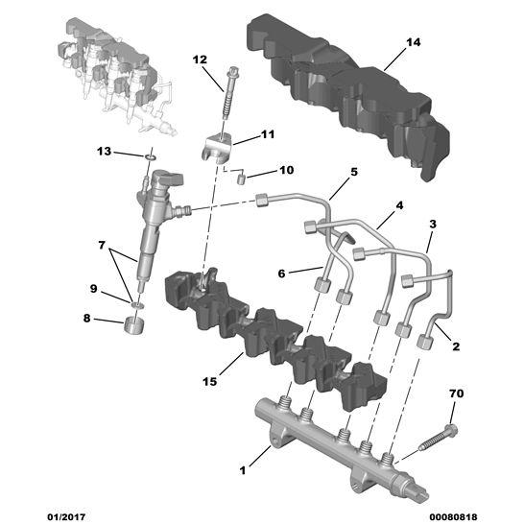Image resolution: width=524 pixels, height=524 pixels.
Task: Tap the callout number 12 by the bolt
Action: point(200,60)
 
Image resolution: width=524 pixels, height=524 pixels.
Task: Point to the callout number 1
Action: point(243,470)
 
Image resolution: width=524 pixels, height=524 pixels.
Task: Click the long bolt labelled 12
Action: point(227,96)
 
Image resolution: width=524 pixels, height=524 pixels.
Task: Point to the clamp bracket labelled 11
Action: point(218,148)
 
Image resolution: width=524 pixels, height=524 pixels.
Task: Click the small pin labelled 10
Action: point(242,178)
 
